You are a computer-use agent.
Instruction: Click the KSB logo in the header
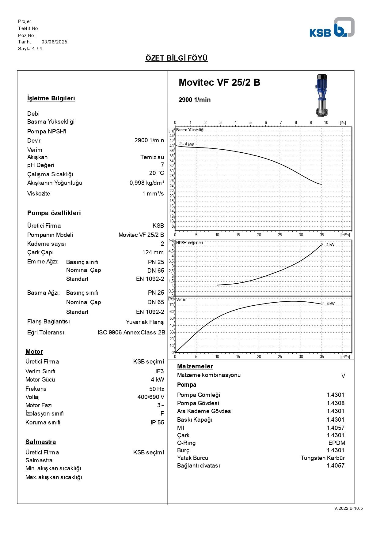pos(332,28)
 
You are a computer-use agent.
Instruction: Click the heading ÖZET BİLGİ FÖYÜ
pos(177,58)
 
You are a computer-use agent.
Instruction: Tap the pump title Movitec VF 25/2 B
pos(219,82)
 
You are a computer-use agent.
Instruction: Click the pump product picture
pos(321,95)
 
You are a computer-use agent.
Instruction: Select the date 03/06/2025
pos(55,42)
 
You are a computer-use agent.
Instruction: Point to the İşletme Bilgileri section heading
pos(51,98)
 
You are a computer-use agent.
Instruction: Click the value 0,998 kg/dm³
pos(147,183)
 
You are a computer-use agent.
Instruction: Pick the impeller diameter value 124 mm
pos(153,252)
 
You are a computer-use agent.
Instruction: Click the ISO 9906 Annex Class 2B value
pos(131,333)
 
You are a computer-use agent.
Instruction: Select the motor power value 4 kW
pos(158,380)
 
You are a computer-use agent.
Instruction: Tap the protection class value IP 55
pos(157,423)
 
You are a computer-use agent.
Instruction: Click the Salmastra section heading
pos(41,442)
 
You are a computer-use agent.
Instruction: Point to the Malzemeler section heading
pos(195,366)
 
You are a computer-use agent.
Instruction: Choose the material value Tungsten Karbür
pos(322,458)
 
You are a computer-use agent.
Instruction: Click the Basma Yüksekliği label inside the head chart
pos(190,130)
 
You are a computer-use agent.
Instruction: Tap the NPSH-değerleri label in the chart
pos(189,243)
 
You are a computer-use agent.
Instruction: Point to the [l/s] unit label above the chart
pos(343,123)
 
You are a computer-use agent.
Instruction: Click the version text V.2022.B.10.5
pos(348,508)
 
